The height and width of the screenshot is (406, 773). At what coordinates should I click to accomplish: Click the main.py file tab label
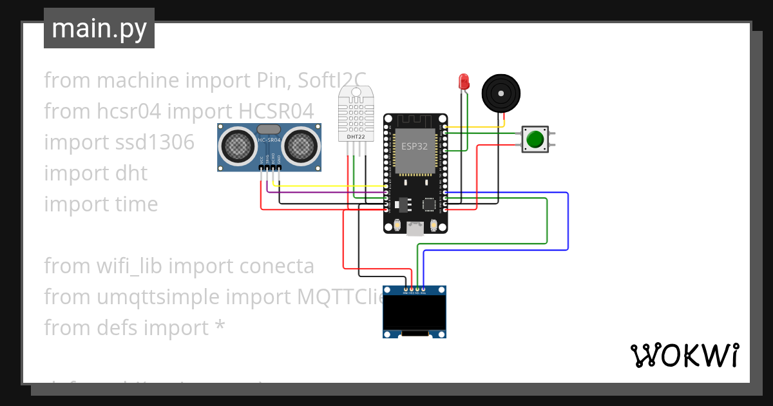tap(99, 28)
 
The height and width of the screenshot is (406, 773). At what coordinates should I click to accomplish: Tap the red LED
tap(463, 81)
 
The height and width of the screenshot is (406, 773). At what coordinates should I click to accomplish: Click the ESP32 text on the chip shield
tap(414, 146)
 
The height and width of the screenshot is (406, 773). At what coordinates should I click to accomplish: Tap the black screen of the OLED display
tap(414, 313)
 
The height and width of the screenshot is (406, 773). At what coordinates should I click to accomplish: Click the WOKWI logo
tap(683, 355)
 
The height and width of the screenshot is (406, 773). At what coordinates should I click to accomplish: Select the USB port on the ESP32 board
tap(415, 228)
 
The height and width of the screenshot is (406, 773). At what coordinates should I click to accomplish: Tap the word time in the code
tap(134, 204)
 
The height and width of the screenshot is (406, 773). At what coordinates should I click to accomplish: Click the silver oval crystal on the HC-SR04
tap(269, 131)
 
